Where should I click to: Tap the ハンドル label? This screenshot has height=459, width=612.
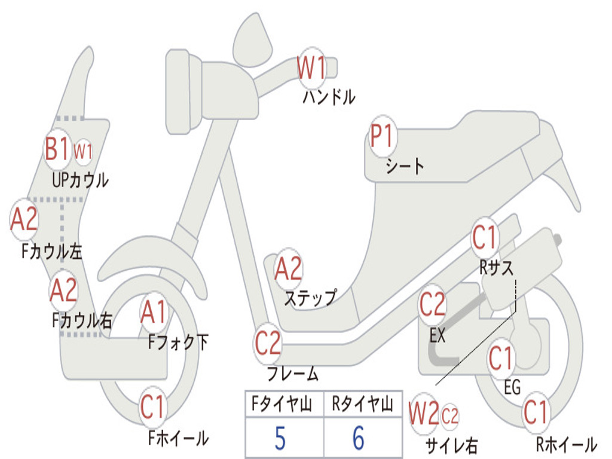328,96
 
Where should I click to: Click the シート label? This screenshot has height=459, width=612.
405,166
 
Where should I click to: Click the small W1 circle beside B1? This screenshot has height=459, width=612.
83,151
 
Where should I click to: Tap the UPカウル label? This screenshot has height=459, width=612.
80,179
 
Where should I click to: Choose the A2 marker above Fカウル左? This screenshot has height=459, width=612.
25,219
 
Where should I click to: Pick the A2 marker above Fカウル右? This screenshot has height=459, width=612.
63,290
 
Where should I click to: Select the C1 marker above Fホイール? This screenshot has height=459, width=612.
152,409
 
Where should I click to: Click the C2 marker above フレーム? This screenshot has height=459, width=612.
268,344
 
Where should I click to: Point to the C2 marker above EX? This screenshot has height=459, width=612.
433,305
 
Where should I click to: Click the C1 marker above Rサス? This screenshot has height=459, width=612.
485,238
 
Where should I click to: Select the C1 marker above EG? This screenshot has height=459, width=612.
501,359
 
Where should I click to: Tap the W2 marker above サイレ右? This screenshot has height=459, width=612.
424,415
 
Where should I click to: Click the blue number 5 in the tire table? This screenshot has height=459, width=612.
280,439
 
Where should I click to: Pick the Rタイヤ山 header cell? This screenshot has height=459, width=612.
362,405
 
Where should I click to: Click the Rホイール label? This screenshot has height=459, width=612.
566,444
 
